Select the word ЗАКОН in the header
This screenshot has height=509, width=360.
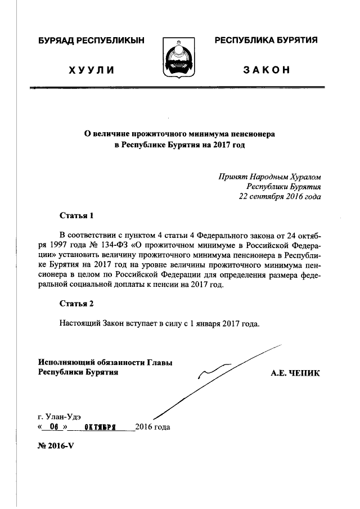267,70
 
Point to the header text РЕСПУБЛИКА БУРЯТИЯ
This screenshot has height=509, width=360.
267,40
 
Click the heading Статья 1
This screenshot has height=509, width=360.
76,215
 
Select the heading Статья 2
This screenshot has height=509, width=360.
76,304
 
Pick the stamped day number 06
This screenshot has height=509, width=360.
54,427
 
